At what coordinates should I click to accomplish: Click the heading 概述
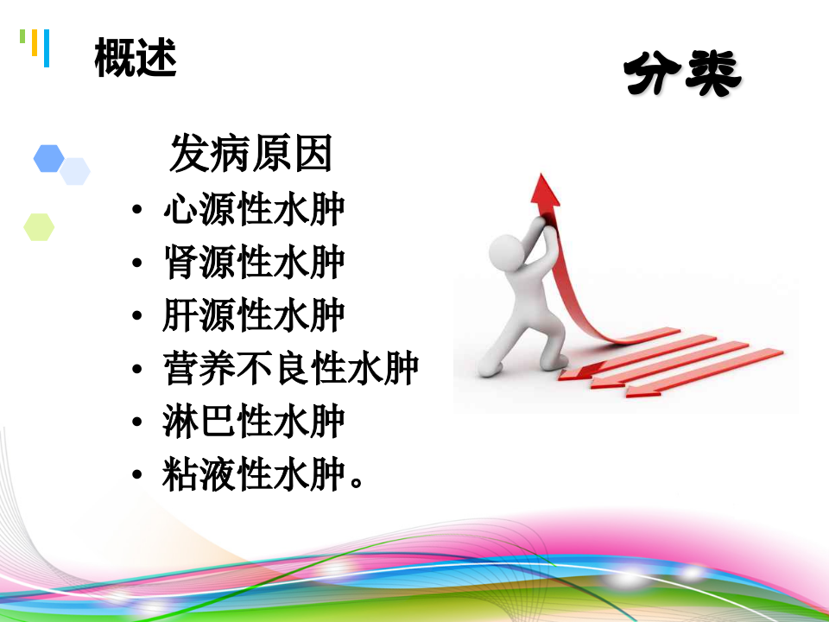[136, 59]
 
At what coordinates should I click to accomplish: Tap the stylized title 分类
[682, 76]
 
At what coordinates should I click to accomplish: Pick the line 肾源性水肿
[253, 263]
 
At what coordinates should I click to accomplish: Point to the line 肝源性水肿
[253, 316]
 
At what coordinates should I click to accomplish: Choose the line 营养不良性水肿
[290, 370]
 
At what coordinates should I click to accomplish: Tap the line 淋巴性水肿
[253, 422]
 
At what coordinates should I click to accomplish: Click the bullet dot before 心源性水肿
[137, 213]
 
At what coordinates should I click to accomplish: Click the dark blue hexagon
[49, 158]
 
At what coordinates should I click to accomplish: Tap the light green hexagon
[39, 226]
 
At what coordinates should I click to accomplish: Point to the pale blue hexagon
[76, 171]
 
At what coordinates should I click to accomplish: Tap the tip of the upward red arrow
[543, 181]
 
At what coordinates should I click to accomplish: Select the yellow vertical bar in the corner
[34, 43]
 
